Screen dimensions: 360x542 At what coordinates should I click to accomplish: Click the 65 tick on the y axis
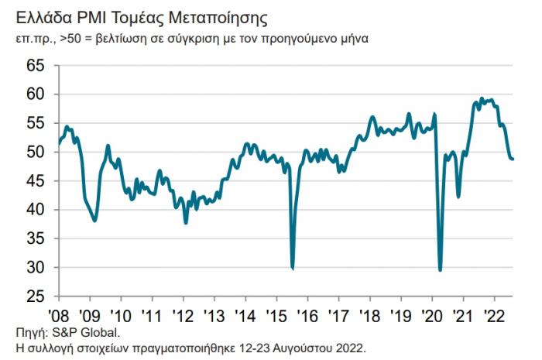[x=36, y=65]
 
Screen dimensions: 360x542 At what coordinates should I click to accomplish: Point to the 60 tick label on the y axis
[x=36, y=94]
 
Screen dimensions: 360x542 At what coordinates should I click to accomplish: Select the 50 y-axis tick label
[x=36, y=152]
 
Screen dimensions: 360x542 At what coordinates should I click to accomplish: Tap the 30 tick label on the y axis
[x=36, y=268]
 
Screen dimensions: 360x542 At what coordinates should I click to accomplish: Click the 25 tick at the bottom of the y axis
[x=36, y=297]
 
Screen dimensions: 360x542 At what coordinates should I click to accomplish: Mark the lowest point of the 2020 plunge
[x=441, y=270]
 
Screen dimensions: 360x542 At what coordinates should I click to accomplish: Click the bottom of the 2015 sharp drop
[x=293, y=269]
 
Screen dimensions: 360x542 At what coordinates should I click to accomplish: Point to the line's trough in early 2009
[x=94, y=221]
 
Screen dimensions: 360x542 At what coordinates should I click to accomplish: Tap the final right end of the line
[x=514, y=159]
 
